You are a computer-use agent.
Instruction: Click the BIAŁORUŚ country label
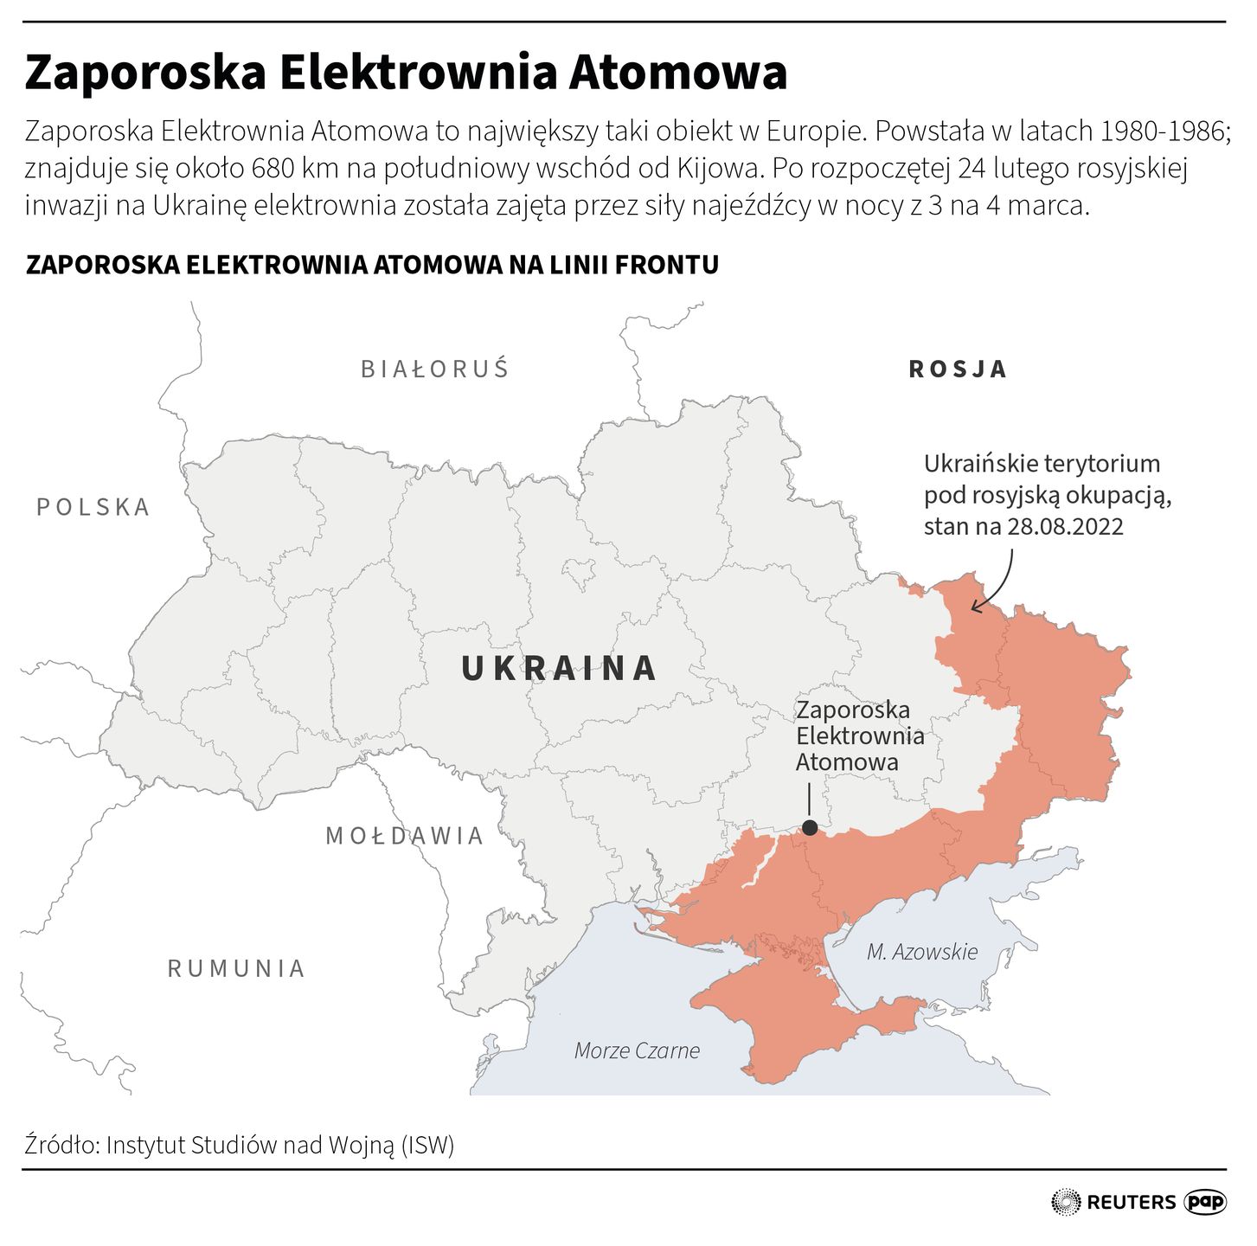435,369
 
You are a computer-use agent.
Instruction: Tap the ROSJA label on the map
958,369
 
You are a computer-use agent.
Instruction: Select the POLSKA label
93,507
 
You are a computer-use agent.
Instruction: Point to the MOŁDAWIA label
404,836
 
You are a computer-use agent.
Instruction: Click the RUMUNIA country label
236,968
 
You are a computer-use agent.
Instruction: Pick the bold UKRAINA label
559,668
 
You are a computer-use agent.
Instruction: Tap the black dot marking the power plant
810,828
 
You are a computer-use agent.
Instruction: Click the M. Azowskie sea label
922,952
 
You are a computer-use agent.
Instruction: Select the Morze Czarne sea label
637,1050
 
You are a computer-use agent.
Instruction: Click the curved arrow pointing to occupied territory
995,584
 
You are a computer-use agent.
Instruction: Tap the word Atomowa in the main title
677,73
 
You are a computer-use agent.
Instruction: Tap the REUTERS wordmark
1131,1202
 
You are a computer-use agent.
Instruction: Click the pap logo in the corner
1205,1202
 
